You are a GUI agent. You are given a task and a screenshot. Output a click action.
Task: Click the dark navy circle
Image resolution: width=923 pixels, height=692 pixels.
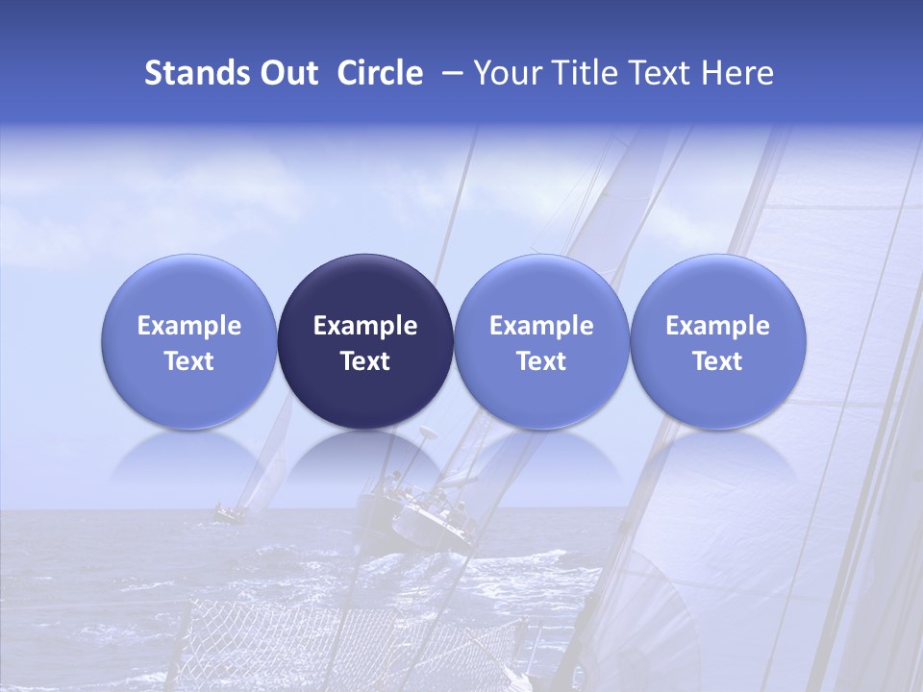(x=365, y=341)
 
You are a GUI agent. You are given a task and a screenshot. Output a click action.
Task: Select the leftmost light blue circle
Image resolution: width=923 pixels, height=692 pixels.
(x=189, y=341)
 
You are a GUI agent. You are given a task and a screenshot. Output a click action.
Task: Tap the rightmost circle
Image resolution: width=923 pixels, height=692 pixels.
(x=717, y=341)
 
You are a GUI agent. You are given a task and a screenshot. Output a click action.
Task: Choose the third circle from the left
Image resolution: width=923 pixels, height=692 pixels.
(x=541, y=341)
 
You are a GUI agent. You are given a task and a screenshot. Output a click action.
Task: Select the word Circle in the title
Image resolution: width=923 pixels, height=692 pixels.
(x=380, y=73)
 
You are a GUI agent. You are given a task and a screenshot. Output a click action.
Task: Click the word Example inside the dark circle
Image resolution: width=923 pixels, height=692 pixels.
(x=365, y=326)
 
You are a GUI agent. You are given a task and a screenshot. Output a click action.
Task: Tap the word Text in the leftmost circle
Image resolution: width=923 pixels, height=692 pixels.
(x=189, y=361)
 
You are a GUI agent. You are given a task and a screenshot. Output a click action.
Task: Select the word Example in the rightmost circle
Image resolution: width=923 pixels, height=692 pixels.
(x=717, y=326)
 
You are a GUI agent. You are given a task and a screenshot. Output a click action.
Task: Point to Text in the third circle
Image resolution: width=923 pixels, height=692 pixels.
(x=541, y=361)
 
